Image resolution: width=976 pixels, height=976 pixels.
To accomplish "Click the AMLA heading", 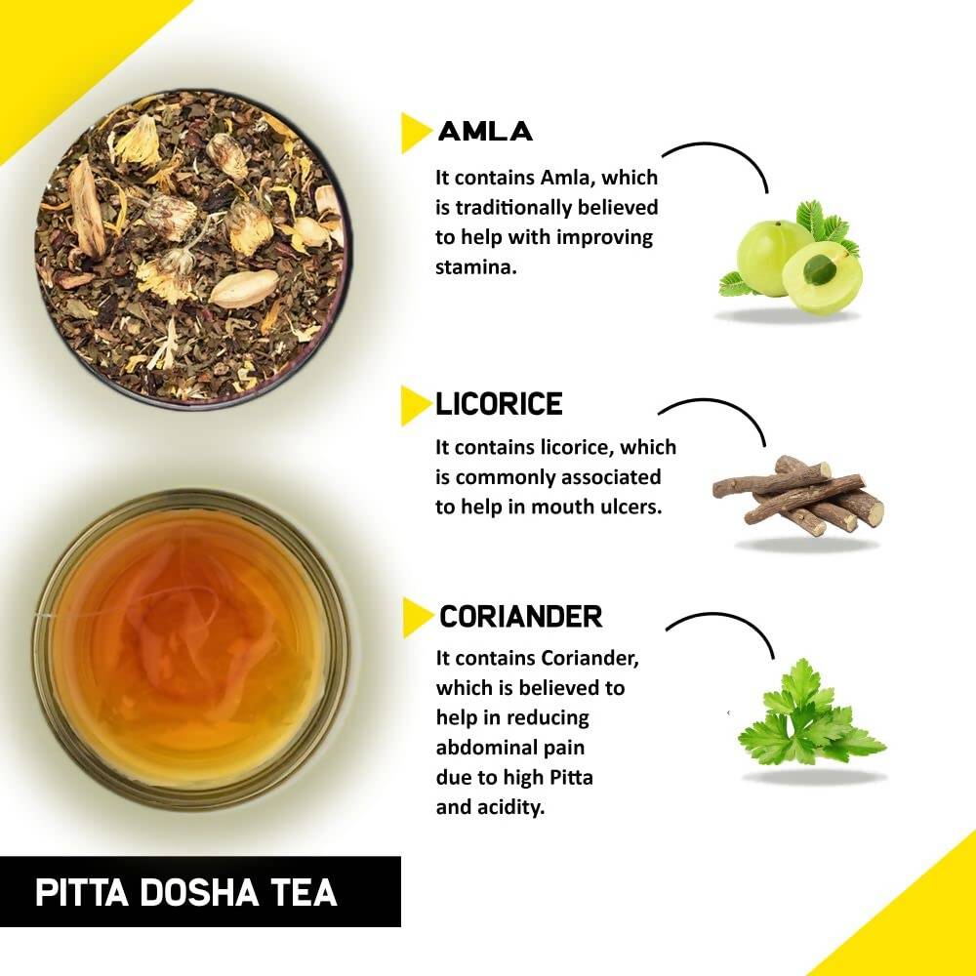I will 485,131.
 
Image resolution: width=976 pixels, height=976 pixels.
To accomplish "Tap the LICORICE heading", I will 499,404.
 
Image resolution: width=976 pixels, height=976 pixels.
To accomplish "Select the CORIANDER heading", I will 520,617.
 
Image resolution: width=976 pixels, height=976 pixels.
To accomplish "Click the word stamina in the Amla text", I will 474,266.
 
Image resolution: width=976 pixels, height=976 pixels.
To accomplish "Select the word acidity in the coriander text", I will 508,807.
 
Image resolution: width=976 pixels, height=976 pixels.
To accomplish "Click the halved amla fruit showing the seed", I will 822,277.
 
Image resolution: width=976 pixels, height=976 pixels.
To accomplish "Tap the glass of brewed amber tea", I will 190,648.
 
